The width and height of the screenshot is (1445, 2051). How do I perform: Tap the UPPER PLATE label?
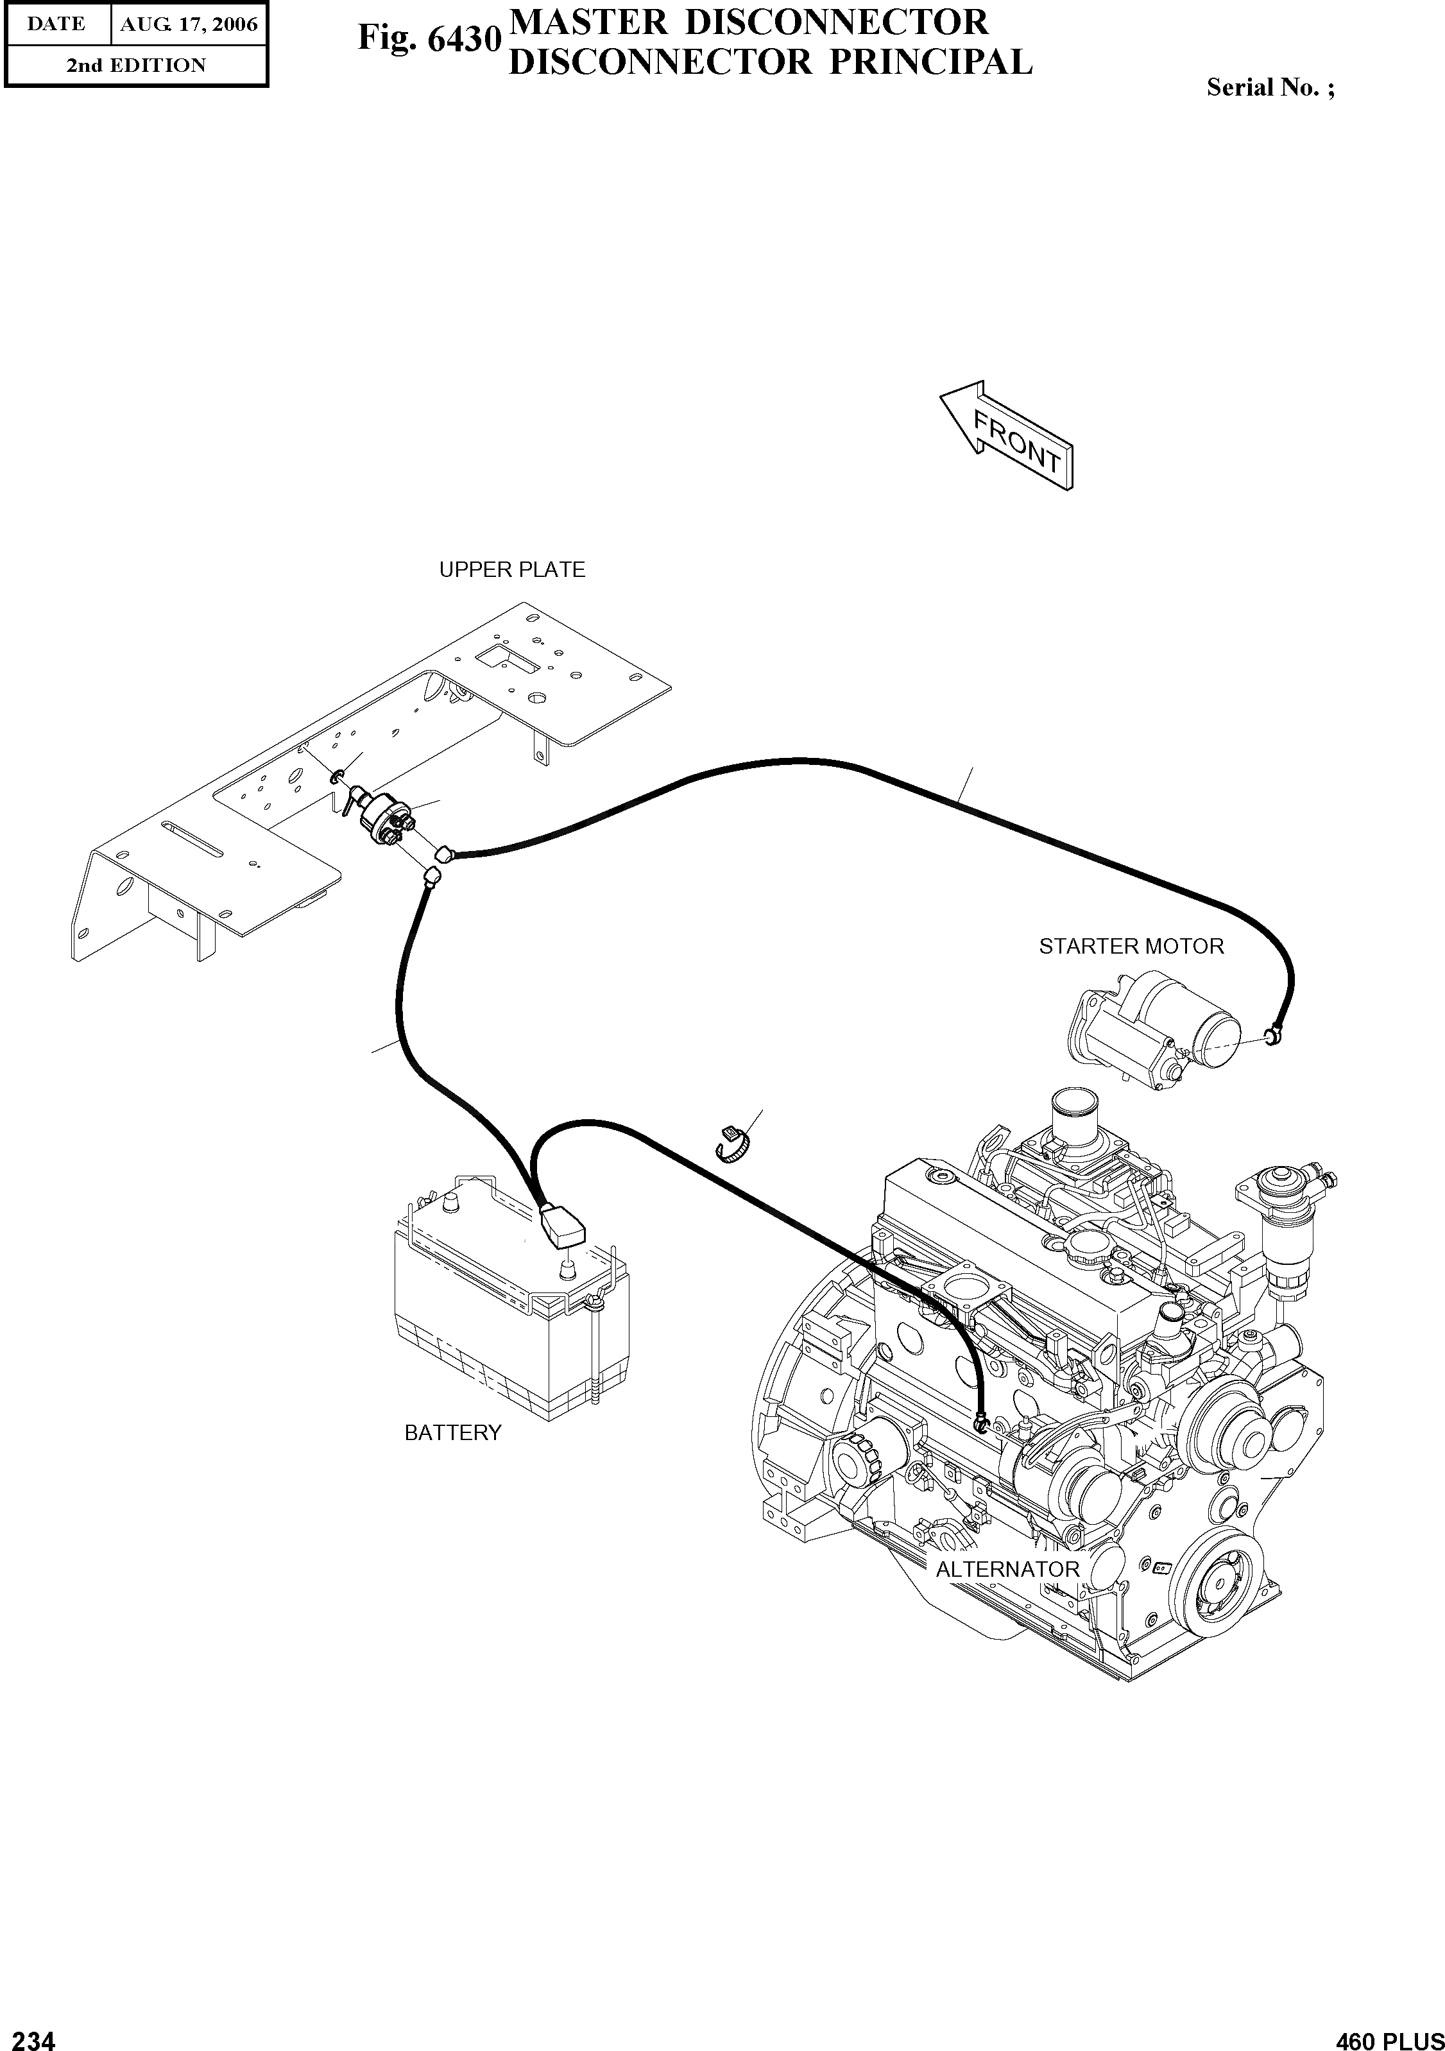(x=512, y=570)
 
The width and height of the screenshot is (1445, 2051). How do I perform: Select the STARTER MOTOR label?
(x=1131, y=946)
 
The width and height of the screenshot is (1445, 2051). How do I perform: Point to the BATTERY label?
(x=453, y=1433)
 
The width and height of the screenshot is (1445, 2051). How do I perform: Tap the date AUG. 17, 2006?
(x=189, y=25)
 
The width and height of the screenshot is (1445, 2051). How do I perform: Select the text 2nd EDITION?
(x=136, y=65)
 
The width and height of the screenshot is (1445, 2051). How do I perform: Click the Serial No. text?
(x=1270, y=87)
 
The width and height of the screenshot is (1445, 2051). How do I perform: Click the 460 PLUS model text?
(x=1389, y=2035)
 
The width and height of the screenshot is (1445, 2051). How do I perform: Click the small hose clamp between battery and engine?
(x=733, y=1146)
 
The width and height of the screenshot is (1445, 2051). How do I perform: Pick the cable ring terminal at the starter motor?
(x=1272, y=1036)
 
